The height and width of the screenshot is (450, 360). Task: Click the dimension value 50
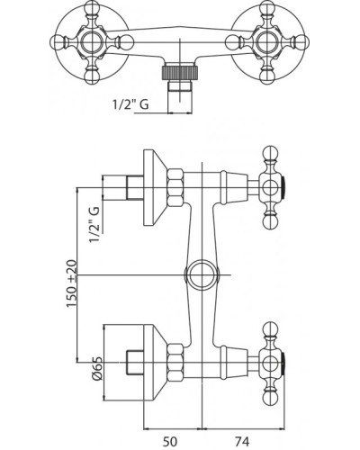(170, 442)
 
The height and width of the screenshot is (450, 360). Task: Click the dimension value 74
(242, 442)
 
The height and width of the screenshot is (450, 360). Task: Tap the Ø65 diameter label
(97, 368)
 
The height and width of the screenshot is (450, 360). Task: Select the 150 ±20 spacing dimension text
(71, 283)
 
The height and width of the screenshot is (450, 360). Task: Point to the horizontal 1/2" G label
(130, 104)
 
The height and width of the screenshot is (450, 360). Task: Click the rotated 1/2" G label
(94, 224)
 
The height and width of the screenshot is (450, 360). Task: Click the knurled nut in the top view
(180, 72)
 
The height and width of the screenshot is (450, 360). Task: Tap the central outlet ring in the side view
(202, 274)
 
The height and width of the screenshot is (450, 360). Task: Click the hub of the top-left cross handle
(91, 41)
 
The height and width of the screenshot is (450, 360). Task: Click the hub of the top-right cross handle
(267, 41)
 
